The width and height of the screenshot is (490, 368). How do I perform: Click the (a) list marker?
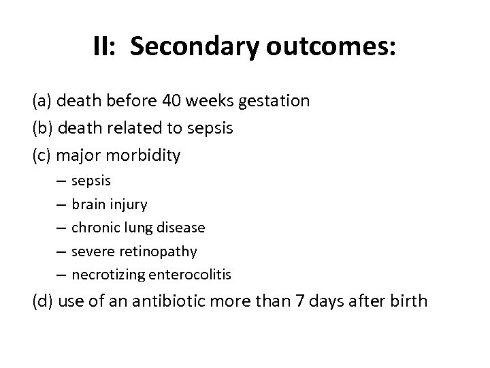click(43, 102)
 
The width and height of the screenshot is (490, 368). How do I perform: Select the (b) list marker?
click(43, 129)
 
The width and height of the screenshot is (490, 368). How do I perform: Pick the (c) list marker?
click(42, 156)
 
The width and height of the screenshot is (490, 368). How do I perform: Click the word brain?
click(87, 204)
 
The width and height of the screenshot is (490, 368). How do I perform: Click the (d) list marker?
click(44, 300)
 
